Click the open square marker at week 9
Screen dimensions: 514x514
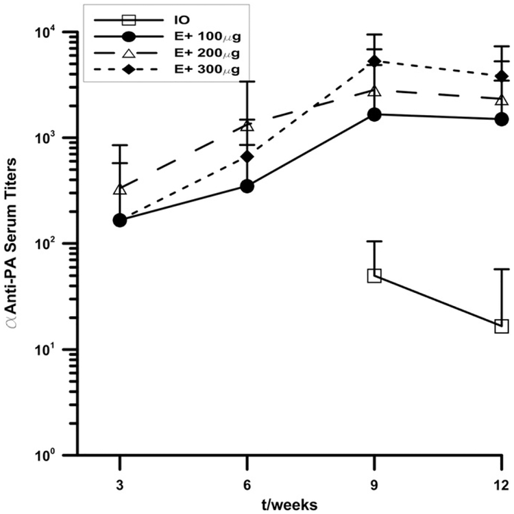(x=374, y=276)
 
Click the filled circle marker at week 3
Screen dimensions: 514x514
(x=120, y=220)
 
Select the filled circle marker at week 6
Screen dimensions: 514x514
(x=247, y=186)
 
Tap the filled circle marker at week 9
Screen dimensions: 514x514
(x=375, y=114)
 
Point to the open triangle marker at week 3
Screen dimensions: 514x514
(x=120, y=189)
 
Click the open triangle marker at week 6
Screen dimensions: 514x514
(x=247, y=126)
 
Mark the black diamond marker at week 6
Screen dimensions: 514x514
(x=247, y=157)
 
